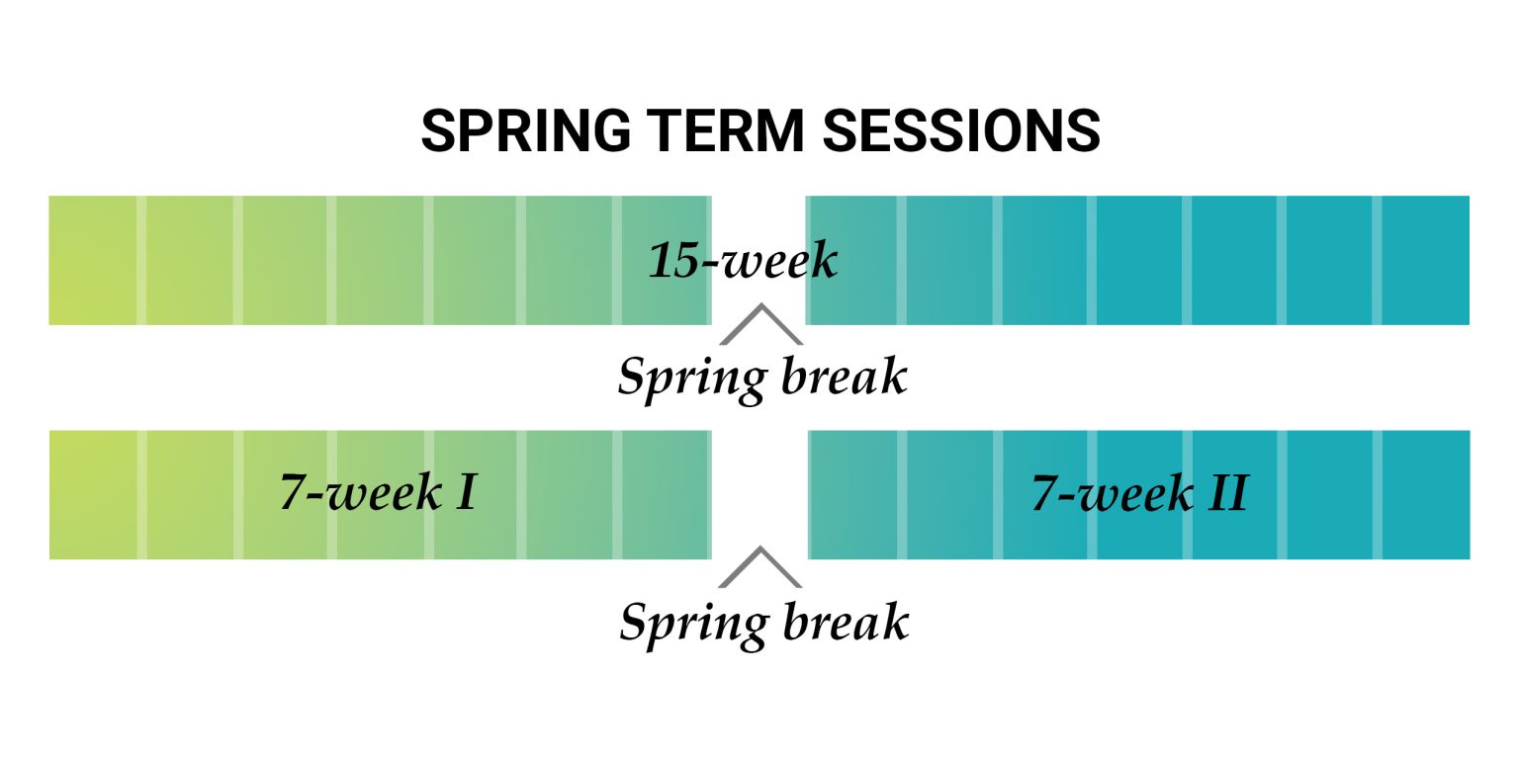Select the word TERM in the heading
(709, 131)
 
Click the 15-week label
(743, 262)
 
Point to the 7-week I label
(379, 492)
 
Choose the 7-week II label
(1139, 492)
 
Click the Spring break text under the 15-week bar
(761, 378)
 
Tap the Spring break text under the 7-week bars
(763, 623)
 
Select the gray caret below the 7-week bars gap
(759, 567)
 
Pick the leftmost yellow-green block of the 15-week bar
(92, 260)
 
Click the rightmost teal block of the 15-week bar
(1425, 260)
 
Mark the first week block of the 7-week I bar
(92, 494)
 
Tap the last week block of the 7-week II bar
(1425, 494)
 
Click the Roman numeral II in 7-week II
(1226, 492)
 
